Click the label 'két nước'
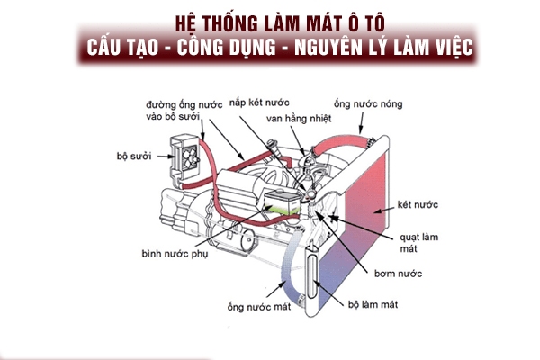pos(417,206)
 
